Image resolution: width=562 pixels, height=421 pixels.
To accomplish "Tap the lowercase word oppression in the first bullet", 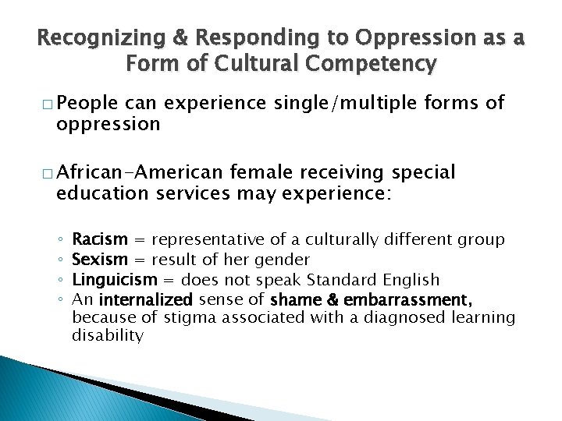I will point(108,124).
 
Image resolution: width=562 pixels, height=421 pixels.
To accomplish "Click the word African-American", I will point(140,172).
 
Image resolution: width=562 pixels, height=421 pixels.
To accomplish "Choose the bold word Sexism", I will point(99,260).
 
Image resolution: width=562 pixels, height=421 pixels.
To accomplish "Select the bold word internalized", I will point(146,299).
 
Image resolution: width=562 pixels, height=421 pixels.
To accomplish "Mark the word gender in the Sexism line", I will point(286,260).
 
